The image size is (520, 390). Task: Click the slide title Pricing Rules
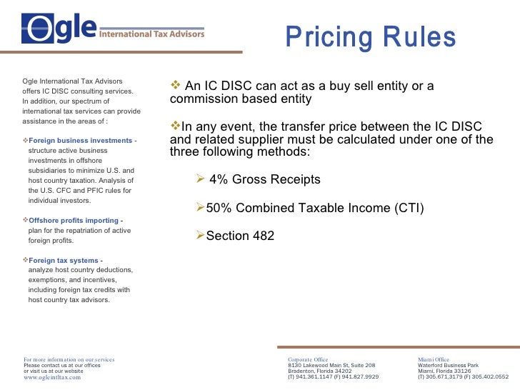(x=370, y=37)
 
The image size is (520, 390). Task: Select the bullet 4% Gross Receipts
(x=264, y=180)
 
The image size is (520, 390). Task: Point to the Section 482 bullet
(x=239, y=235)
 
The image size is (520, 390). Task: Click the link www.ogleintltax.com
(x=52, y=377)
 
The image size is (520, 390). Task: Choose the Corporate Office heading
(x=308, y=359)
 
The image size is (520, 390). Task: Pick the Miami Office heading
(x=434, y=359)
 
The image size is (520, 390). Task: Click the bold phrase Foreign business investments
(x=80, y=141)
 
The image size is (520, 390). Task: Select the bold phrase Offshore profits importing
(x=73, y=221)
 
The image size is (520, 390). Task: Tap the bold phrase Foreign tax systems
(x=63, y=261)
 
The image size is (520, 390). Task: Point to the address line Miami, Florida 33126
(x=444, y=371)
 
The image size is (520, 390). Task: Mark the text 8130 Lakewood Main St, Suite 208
(x=331, y=365)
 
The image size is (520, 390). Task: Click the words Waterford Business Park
(x=448, y=365)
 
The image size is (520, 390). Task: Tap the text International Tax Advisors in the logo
(x=151, y=34)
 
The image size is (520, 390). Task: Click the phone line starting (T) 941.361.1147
(x=333, y=376)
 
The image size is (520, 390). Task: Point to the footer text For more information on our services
(x=69, y=359)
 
